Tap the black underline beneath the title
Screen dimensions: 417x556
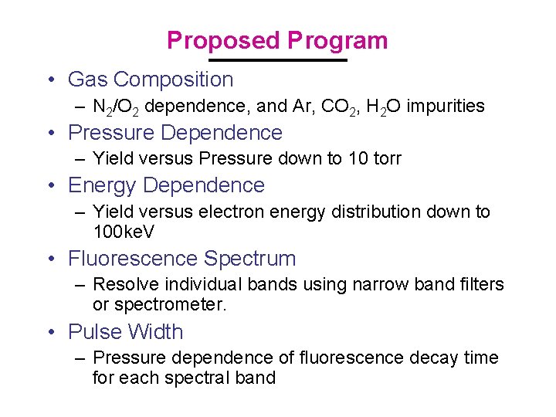[278, 60]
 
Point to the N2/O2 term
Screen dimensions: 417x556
[116, 107]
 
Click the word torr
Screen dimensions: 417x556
[383, 159]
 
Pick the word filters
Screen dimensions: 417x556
[479, 285]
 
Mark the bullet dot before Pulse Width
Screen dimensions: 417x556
[50, 332]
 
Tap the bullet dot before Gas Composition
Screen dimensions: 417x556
[50, 80]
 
